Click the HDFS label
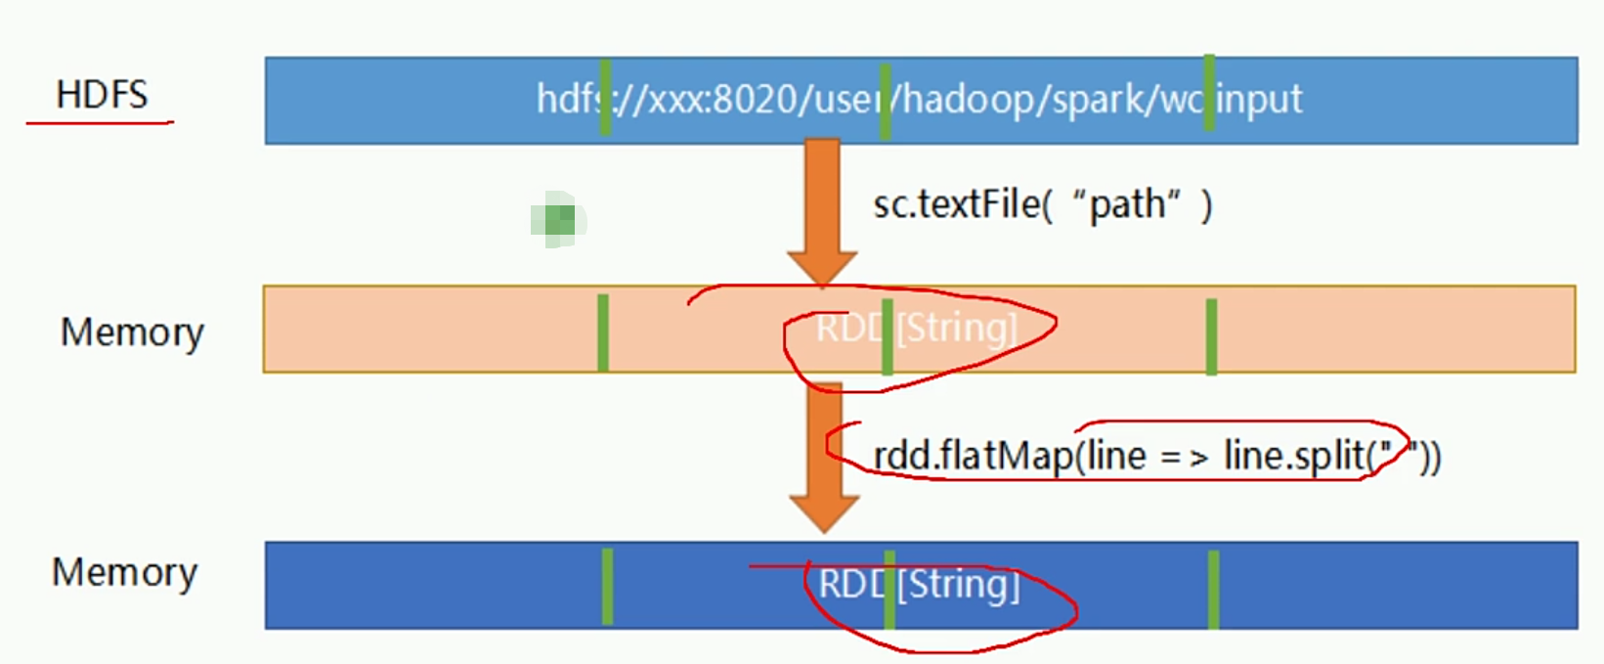coord(102,95)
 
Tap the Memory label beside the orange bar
coord(132,332)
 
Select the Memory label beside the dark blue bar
coord(124,572)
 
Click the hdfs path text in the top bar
coord(919,100)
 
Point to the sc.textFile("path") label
coord(1042,204)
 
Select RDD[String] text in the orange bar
coord(917,329)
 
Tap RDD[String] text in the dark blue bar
coord(919,585)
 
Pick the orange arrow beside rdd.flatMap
coord(824,460)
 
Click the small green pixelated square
coord(558,219)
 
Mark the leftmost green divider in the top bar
coord(605,97)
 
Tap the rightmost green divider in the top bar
coord(1209,94)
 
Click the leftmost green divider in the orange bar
coord(603,332)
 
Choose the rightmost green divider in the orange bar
coord(1211,336)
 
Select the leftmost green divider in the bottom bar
coord(607,586)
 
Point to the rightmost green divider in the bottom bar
coord(1213,589)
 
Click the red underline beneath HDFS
coord(100,123)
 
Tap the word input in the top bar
coord(1259,100)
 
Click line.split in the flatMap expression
coord(1294,456)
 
